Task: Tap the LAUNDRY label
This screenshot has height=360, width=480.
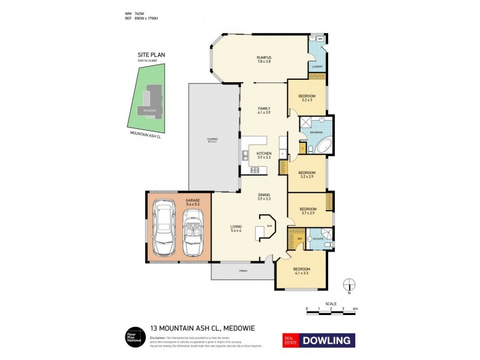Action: click(x=317, y=67)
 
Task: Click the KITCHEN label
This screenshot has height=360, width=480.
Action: click(x=264, y=154)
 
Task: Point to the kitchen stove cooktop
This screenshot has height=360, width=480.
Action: click(x=254, y=170)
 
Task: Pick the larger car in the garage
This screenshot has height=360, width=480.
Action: click(x=164, y=229)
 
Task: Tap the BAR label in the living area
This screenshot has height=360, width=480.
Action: click(x=269, y=226)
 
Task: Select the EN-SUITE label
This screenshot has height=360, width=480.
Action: click(x=317, y=239)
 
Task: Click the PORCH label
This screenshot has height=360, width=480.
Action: click(x=243, y=271)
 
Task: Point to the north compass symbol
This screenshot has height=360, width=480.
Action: click(x=349, y=285)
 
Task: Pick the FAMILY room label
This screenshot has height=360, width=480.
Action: click(x=264, y=108)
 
